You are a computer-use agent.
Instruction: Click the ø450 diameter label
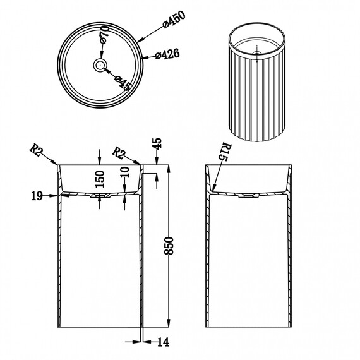tap(174, 20)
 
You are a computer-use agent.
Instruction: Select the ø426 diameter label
tap(167, 54)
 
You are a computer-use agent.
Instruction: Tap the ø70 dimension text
tap(104, 34)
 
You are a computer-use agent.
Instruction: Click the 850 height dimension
tap(169, 246)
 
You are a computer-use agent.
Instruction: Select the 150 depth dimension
tap(100, 179)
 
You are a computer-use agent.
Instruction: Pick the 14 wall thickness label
tap(163, 342)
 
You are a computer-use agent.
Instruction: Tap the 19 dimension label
tap(37, 196)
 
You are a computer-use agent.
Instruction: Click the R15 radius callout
tap(225, 152)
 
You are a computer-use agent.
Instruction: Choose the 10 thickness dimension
tap(124, 172)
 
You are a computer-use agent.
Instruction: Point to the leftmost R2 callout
tap(36, 150)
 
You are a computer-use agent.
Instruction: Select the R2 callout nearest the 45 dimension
tap(119, 153)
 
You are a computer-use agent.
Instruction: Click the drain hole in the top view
tap(100, 65)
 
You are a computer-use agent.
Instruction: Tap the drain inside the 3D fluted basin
tap(257, 53)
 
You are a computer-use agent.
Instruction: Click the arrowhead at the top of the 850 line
tap(169, 169)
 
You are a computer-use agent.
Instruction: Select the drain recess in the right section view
tap(249, 196)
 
